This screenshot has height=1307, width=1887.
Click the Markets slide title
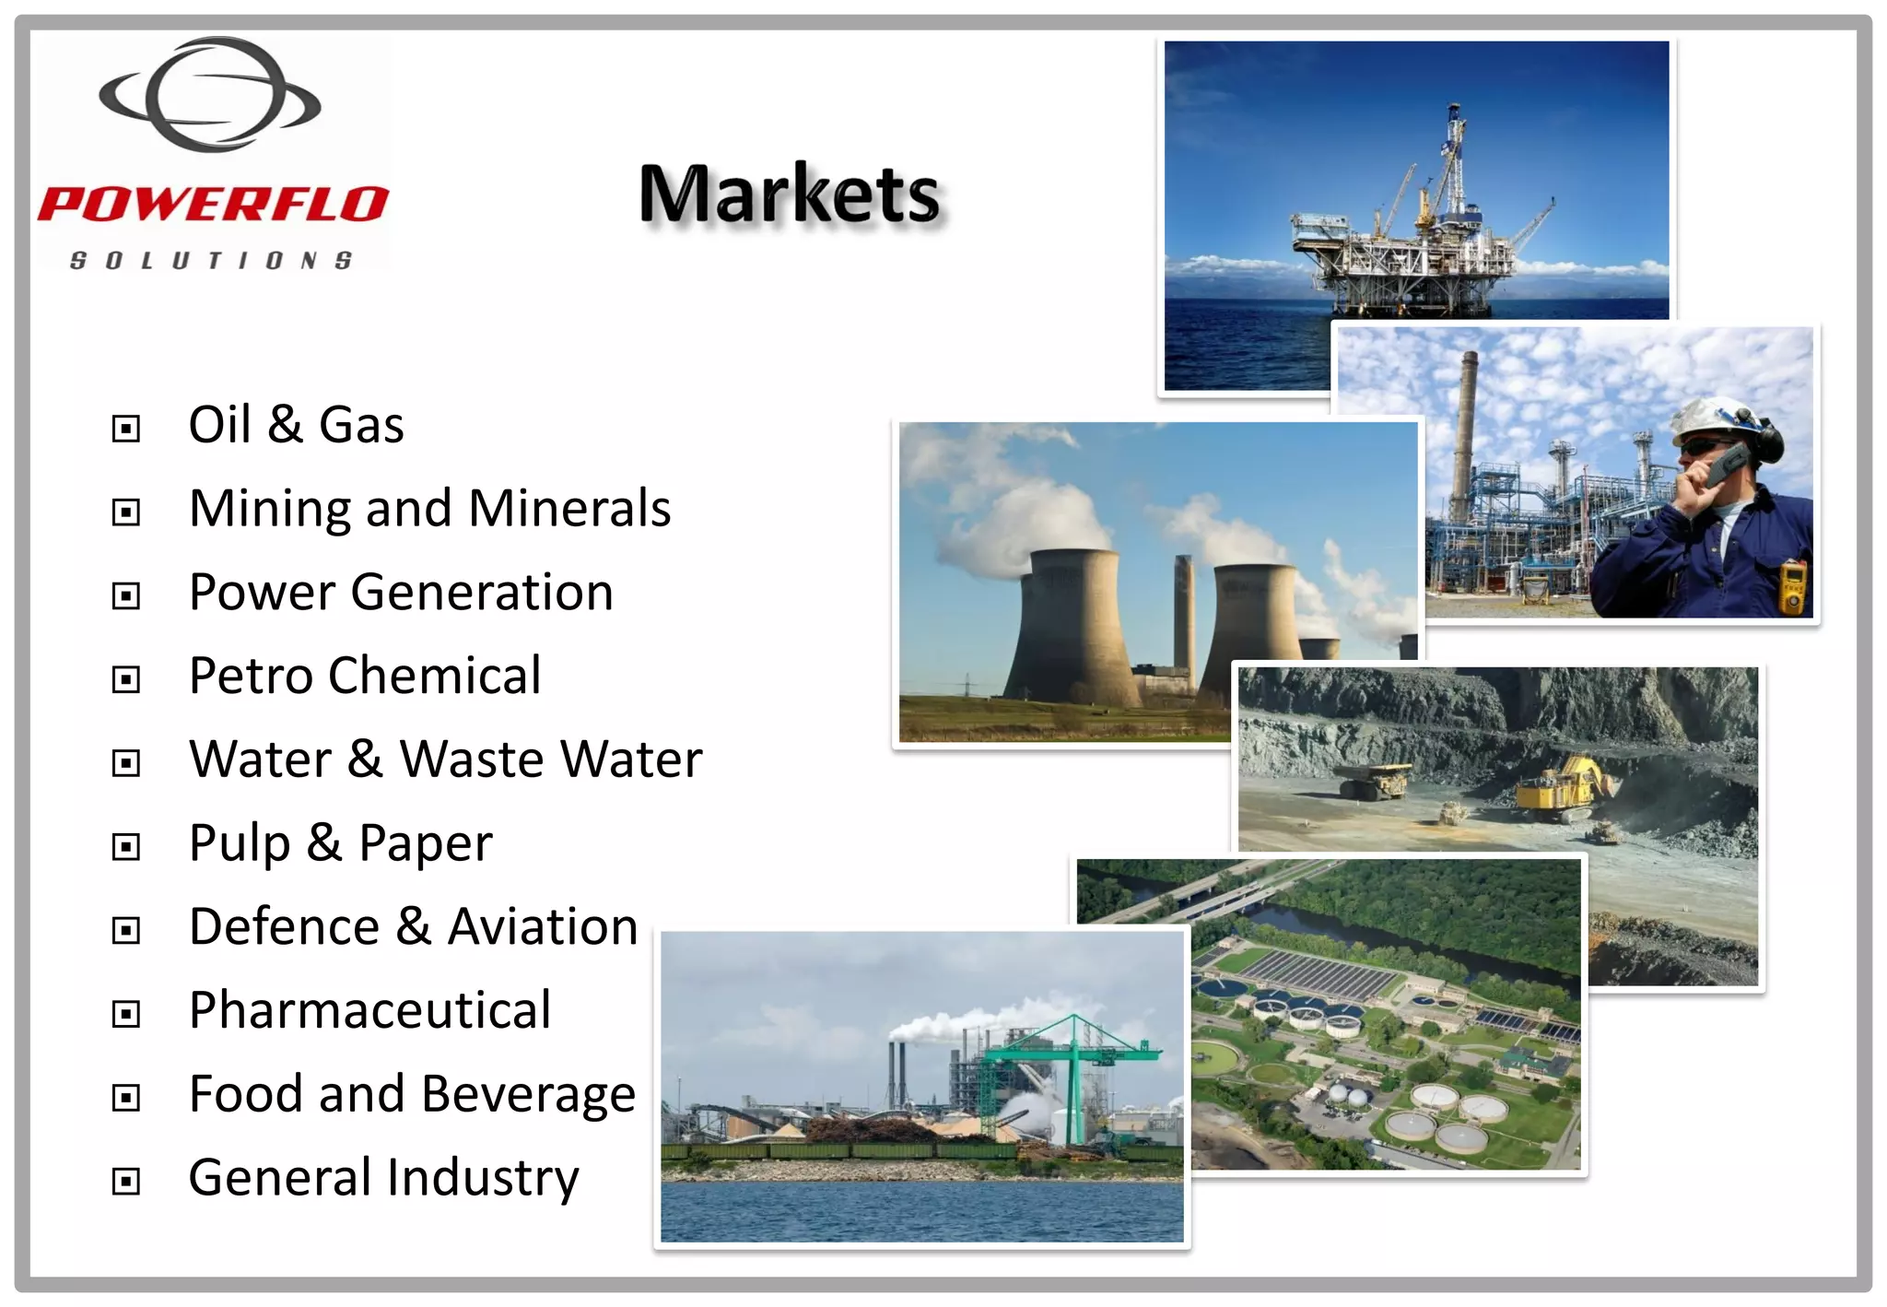point(790,194)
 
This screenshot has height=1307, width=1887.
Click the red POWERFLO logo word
point(213,204)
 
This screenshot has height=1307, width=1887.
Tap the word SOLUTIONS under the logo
point(211,261)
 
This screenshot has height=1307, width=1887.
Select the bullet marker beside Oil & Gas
point(126,429)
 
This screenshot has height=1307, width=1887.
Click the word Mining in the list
point(268,509)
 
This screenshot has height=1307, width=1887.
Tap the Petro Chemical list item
point(365,676)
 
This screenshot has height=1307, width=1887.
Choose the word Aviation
point(543,926)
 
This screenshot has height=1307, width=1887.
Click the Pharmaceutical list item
point(369,1010)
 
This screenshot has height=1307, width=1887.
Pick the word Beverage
point(528,1095)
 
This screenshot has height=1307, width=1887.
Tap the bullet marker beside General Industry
point(126,1182)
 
